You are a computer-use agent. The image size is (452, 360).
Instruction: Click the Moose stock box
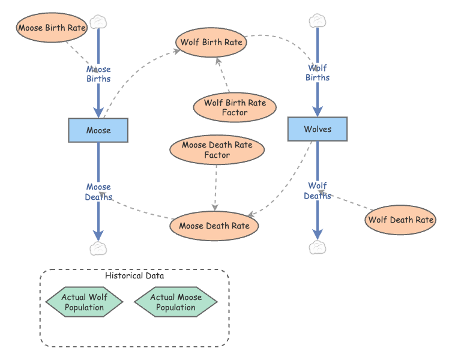[98, 130]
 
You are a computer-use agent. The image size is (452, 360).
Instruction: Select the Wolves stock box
[318, 129]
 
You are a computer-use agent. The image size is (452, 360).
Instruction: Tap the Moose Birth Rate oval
[52, 28]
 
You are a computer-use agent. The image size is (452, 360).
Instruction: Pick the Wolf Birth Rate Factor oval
[235, 107]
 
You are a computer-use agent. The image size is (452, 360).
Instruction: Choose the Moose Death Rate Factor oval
[217, 150]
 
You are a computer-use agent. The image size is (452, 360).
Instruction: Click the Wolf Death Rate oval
[400, 220]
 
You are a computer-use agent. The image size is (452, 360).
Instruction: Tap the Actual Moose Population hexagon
[176, 302]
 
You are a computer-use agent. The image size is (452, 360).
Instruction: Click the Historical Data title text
[134, 276]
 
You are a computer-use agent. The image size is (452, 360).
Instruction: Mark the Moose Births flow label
[98, 74]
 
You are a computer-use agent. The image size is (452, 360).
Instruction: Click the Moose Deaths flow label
[98, 192]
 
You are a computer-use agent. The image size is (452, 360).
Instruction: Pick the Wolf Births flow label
[318, 73]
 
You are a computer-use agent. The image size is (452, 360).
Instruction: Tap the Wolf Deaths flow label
[318, 191]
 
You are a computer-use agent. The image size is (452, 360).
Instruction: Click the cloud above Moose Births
[98, 22]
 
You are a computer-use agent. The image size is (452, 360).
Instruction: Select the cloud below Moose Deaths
[98, 248]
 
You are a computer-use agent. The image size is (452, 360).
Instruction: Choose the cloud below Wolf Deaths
[318, 247]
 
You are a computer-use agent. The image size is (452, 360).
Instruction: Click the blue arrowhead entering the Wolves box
[318, 112]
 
